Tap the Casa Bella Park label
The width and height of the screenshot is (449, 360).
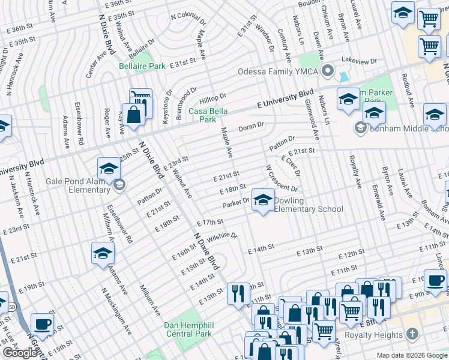click(202, 115)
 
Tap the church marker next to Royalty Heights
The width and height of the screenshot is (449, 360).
click(412, 334)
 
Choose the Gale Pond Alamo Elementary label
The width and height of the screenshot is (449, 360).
click(78, 185)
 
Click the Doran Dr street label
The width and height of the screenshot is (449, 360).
click(251, 127)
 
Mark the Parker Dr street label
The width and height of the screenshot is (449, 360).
click(235, 204)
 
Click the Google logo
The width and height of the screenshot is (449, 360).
click(20, 353)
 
